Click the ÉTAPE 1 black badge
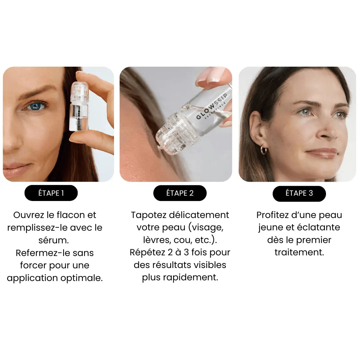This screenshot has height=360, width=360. coord(51,193)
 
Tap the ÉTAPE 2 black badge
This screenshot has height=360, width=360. coord(180,193)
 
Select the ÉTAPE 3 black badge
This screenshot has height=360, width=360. coord(299,193)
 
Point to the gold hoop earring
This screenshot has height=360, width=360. coord(264,150)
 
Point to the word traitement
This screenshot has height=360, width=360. coord(299,252)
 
